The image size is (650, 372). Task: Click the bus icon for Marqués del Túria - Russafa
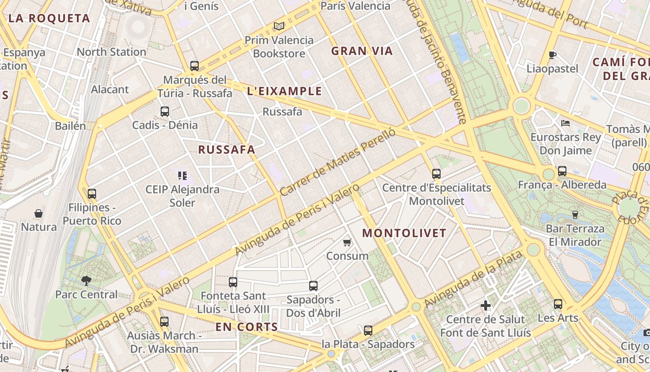[x=195, y=66]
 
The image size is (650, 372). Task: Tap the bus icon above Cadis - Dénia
[x=165, y=112]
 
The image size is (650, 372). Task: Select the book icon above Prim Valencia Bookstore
[x=279, y=27]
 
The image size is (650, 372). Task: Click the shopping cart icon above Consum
[x=347, y=242]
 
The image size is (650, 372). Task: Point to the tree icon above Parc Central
[x=86, y=280]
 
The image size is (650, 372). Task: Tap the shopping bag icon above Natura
[x=39, y=213]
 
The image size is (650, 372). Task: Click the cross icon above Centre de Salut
[x=486, y=306]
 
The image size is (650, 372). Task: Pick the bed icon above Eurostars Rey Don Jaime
[x=565, y=123]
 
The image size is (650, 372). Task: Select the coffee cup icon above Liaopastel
[x=552, y=55]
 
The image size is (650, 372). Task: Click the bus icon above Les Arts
[x=558, y=304]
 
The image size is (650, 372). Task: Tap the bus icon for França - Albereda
[x=562, y=171]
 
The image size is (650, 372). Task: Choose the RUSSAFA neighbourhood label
[x=227, y=150]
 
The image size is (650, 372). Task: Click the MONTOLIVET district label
[x=404, y=233]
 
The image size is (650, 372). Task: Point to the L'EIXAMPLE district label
[x=285, y=91]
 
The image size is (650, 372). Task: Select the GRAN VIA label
[x=362, y=51]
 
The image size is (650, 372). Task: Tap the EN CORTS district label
[x=247, y=327]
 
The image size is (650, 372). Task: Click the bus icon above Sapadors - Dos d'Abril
[x=313, y=286]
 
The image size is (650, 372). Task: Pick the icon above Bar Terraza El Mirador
[x=575, y=214]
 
